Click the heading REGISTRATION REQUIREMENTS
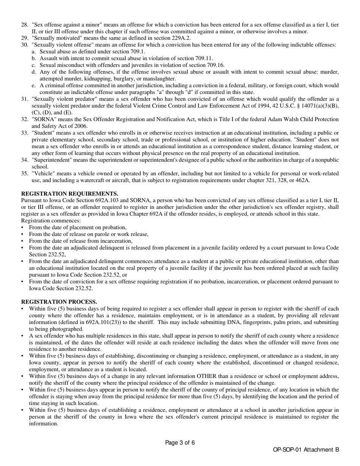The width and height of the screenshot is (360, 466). pyautogui.click(x=69, y=194)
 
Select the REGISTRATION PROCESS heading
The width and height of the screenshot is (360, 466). pyautogui.click(x=59, y=302)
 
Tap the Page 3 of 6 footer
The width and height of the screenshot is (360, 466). pyautogui.click(x=180, y=443)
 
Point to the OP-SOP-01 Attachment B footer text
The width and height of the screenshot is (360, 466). pyautogui.click(x=305, y=450)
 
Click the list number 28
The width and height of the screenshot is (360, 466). pyautogui.click(x=25, y=25)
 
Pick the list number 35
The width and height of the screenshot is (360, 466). pyautogui.click(x=25, y=173)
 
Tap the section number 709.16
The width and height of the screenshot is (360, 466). pyautogui.click(x=216, y=65)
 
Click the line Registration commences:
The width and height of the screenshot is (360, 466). pyautogui.click(x=51, y=220)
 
